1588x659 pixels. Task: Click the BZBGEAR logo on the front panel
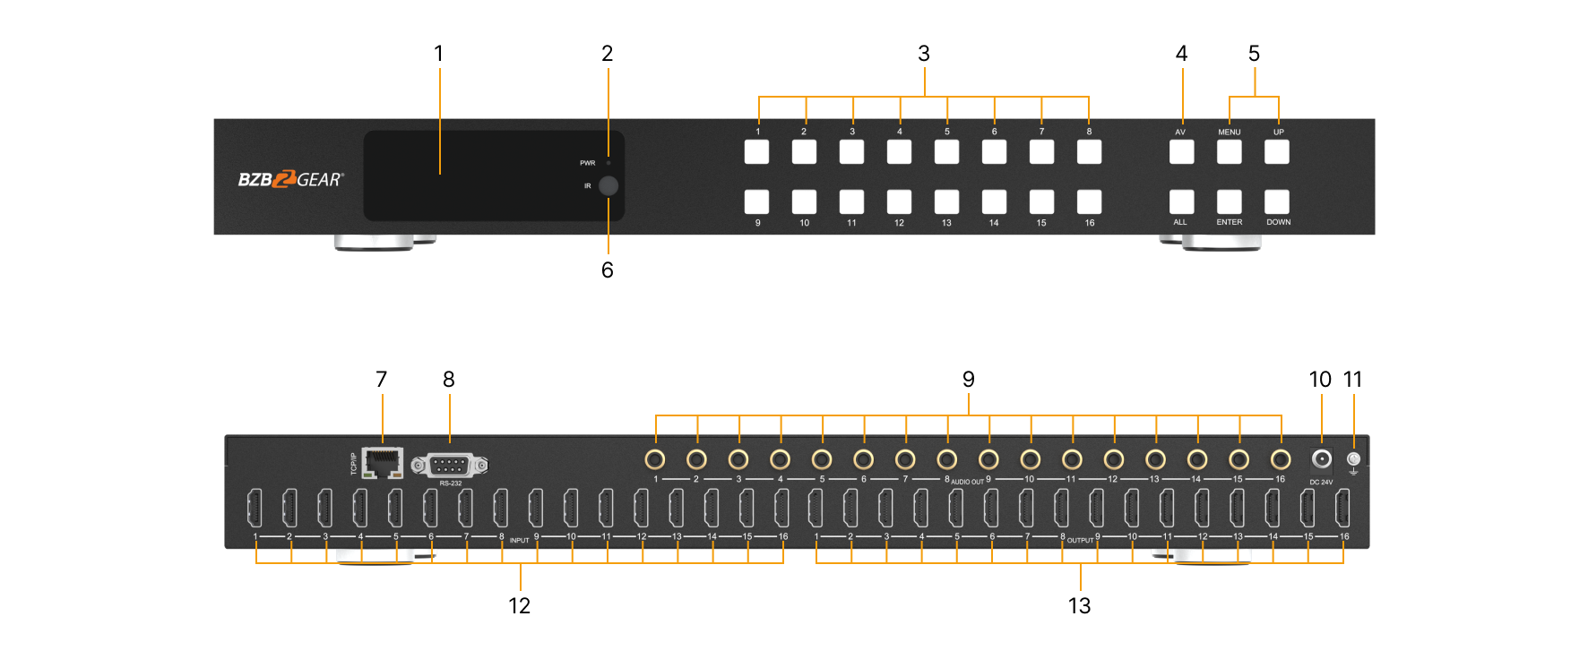(290, 179)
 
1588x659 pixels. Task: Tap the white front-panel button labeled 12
(899, 201)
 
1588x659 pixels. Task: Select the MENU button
(1229, 152)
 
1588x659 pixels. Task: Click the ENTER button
(1229, 201)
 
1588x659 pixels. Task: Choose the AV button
(1181, 152)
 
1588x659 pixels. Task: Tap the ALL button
(1181, 201)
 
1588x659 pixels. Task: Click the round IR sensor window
(608, 186)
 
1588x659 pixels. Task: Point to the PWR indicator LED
(608, 163)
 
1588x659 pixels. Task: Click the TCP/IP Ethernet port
(383, 463)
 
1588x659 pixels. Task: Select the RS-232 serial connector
(450, 466)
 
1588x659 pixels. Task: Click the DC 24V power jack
(1321, 460)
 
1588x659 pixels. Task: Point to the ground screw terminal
(1353, 459)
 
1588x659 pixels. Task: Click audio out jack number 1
(655, 459)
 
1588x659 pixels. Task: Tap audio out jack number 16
(1281, 459)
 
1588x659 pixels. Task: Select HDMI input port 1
(255, 508)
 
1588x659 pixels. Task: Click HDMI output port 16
(1342, 508)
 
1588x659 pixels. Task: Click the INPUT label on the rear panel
(519, 541)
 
